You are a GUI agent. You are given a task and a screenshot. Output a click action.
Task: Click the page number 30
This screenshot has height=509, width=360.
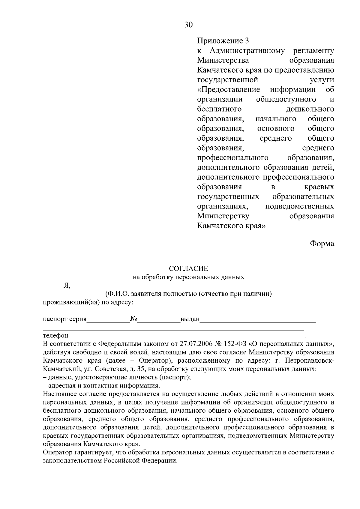point(188,25)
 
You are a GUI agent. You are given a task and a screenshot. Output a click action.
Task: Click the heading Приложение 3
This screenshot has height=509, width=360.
point(223,40)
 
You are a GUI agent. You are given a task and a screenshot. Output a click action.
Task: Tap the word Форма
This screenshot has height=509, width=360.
point(322,244)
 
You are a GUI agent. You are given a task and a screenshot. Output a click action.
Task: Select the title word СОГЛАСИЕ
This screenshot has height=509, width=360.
point(188,268)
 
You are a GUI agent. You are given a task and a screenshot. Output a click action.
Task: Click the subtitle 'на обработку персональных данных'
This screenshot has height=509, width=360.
point(188,277)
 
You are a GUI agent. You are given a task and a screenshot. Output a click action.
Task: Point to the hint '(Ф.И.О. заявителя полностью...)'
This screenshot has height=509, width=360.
point(188,294)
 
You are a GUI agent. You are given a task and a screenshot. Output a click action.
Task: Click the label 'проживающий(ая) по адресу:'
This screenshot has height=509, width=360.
point(88,302)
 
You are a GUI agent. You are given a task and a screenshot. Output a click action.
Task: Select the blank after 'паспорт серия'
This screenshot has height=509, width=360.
point(108,320)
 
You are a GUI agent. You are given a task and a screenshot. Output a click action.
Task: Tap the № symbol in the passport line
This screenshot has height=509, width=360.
point(134,319)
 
